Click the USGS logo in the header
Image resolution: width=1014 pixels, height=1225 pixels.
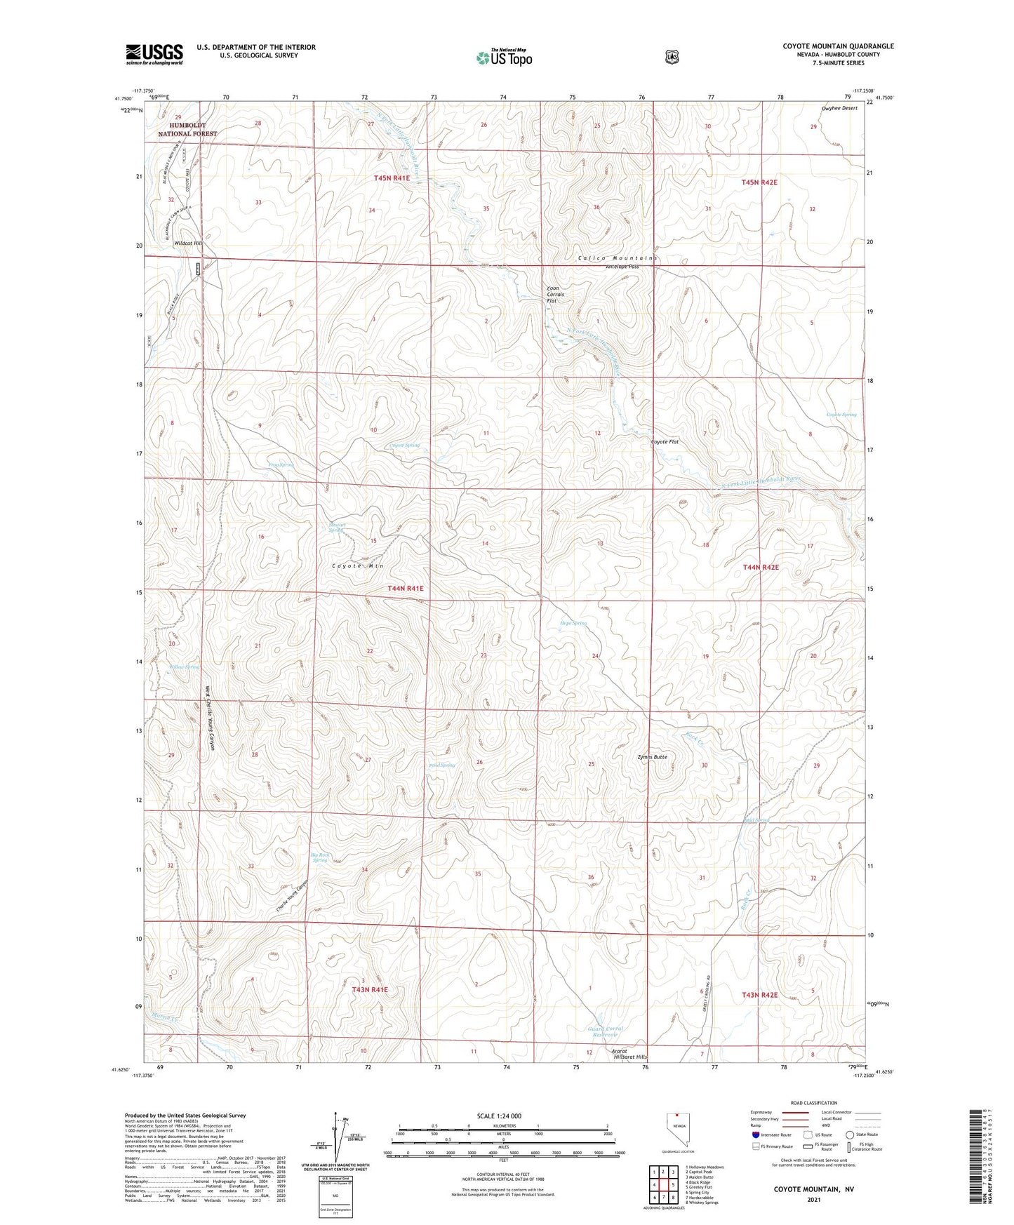pos(154,54)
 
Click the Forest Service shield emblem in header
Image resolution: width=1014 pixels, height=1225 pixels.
pos(672,57)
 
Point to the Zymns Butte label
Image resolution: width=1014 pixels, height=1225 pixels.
pos(652,757)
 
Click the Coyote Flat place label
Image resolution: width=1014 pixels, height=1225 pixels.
pos(665,442)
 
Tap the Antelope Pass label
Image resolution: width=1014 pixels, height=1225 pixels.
pos(622,267)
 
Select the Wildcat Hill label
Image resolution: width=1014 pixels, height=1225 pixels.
pos(187,242)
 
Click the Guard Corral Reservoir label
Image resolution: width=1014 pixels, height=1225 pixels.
pos(606,1031)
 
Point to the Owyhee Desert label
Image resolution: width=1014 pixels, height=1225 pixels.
pos(839,108)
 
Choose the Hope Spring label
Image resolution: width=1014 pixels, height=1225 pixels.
pos(573,623)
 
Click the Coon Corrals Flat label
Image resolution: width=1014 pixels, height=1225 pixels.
pos(556,294)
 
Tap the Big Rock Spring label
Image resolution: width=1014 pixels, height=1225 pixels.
pos(320,857)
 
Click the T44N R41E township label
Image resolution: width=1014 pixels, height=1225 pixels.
pos(406,588)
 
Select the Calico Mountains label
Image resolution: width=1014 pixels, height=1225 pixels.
pos(618,258)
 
